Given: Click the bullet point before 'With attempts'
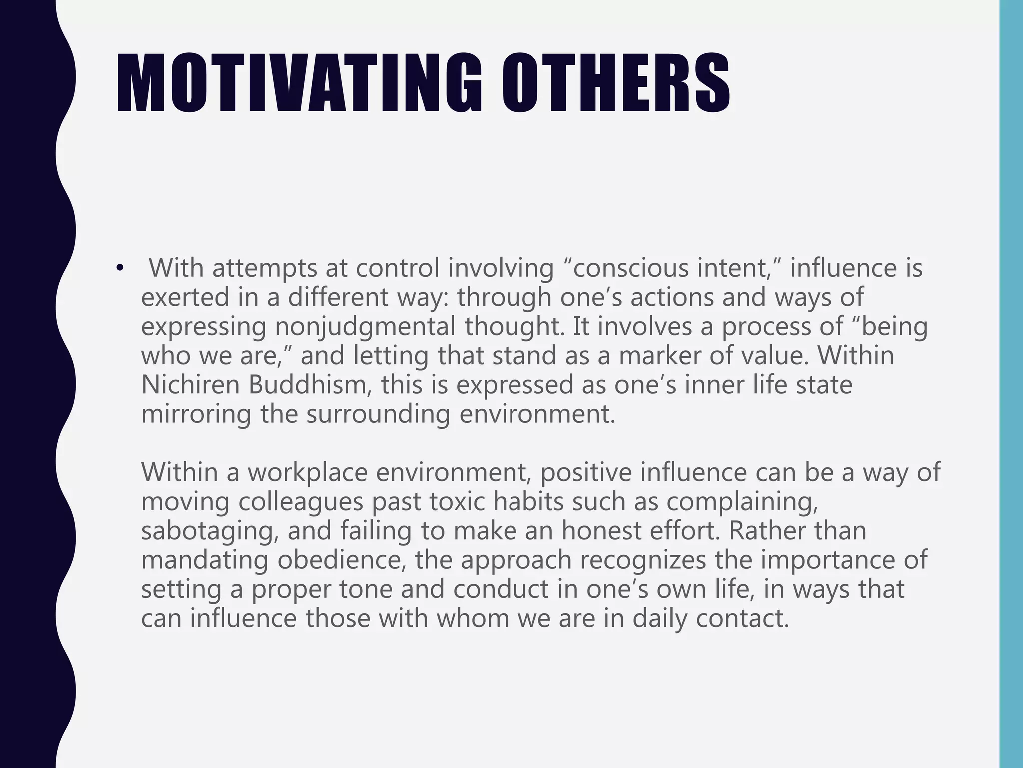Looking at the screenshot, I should (119, 269).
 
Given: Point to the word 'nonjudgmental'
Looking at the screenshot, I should (365, 327).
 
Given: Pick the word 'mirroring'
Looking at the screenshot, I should (196, 414).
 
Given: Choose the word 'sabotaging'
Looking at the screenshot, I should (210, 531).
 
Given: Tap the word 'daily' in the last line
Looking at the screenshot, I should (659, 618).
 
